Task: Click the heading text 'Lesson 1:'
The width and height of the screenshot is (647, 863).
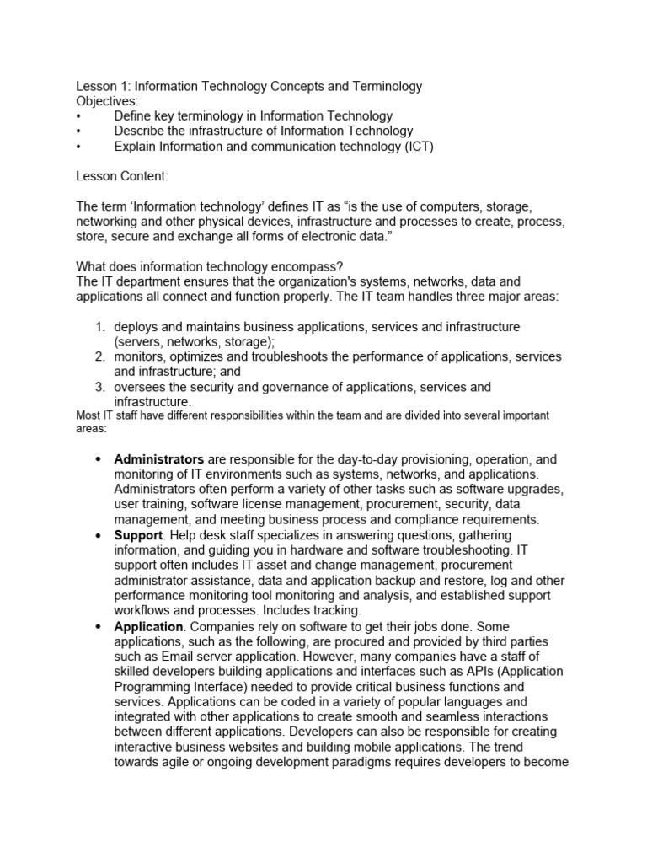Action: [x=104, y=86]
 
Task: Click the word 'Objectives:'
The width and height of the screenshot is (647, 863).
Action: [x=108, y=101]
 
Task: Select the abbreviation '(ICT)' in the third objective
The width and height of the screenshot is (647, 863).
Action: [x=417, y=147]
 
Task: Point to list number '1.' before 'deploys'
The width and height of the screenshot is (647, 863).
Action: [x=99, y=327]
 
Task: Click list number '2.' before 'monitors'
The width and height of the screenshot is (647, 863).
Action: [x=99, y=357]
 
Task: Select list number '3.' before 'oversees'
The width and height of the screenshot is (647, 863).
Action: [x=99, y=388]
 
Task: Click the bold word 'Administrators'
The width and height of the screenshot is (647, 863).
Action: [x=158, y=460]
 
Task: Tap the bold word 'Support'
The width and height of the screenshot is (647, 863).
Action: [x=138, y=536]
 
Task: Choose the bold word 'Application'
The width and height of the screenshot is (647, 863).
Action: [x=148, y=627]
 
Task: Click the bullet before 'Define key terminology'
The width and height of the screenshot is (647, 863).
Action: [x=78, y=116]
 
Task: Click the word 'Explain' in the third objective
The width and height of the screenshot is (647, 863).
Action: [x=136, y=147]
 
